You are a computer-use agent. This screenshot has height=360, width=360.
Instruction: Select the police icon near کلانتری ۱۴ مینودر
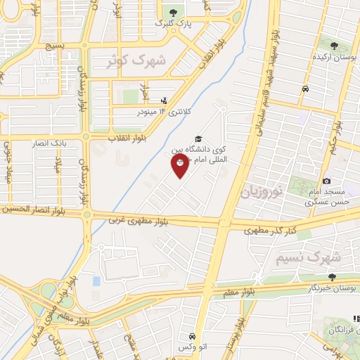(x=164, y=100)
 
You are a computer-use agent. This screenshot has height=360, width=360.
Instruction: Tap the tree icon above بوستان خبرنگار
(x=331, y=277)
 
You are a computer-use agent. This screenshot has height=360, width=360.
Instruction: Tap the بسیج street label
(x=53, y=46)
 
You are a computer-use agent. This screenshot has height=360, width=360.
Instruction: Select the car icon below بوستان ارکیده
(x=305, y=89)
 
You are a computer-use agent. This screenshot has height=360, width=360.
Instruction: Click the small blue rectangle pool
(x=96, y=281)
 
